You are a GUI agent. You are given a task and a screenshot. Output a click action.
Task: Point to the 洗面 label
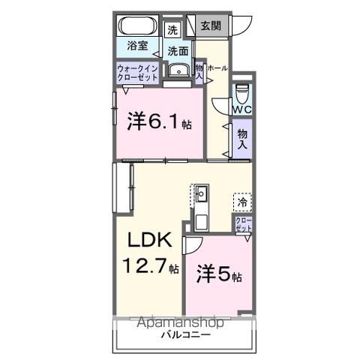(x=178, y=51)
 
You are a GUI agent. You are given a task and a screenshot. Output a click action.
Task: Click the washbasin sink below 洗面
(x=178, y=71)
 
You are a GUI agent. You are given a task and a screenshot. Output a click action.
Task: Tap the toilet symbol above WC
(x=241, y=93)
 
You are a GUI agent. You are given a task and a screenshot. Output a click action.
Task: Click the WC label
(x=241, y=110)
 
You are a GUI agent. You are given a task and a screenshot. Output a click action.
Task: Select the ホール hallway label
(x=217, y=68)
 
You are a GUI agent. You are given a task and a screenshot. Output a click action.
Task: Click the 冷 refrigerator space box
(x=242, y=201)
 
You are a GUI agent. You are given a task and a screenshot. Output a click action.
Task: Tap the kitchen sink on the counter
(x=202, y=196)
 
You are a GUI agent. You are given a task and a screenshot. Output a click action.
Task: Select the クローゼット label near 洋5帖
(x=244, y=224)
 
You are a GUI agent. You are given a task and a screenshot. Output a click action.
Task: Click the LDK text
(x=146, y=242)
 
